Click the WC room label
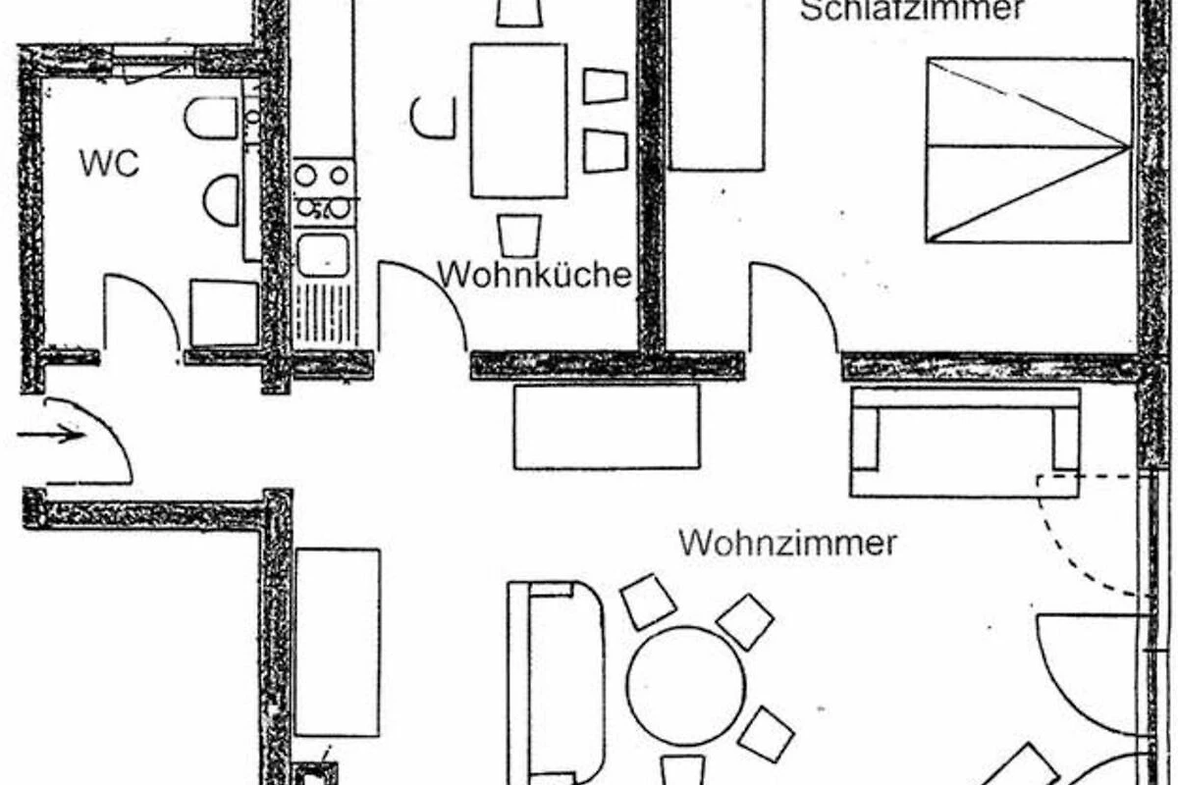tap(109, 164)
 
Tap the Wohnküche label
tap(534, 275)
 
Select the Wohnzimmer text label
tap(787, 544)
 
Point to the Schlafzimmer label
tap(911, 10)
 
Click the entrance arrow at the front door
tap(51, 435)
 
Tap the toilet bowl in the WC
tap(210, 119)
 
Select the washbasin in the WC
tap(222, 200)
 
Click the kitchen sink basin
tap(323, 255)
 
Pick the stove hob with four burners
tap(323, 192)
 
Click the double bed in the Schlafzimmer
tap(1028, 151)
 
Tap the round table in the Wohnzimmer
tap(686, 686)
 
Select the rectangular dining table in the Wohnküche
tap(518, 121)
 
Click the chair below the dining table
tap(519, 235)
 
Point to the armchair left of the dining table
tap(432, 118)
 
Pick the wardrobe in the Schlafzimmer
tap(717, 84)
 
